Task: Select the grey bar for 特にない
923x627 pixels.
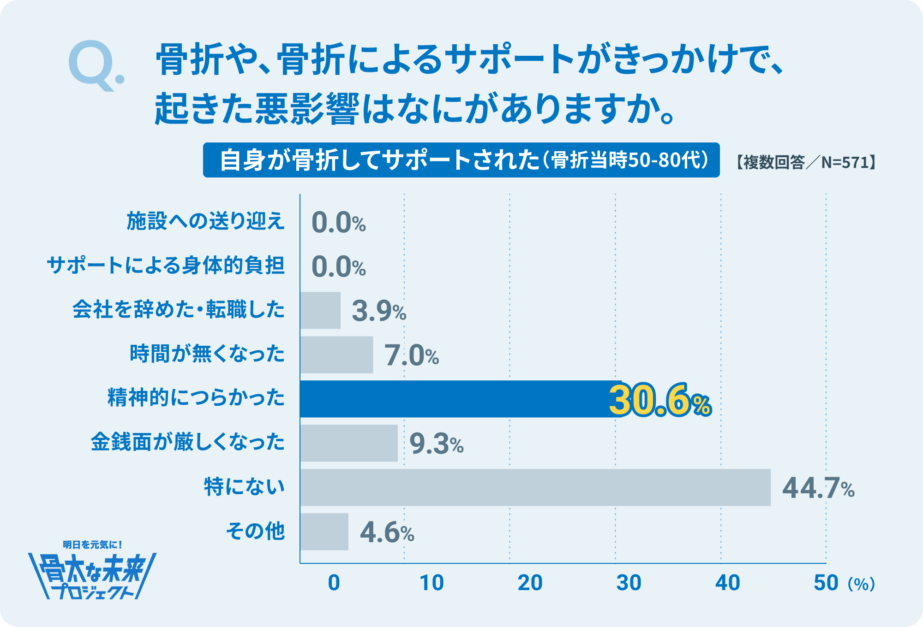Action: click(x=535, y=487)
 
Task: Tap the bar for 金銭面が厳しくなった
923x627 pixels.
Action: click(x=349, y=443)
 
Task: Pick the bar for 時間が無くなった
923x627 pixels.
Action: click(x=336, y=355)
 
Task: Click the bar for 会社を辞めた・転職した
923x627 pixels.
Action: click(x=320, y=310)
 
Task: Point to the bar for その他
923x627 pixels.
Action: click(x=324, y=532)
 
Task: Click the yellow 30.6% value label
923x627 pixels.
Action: click(x=660, y=400)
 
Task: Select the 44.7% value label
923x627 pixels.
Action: click(x=818, y=488)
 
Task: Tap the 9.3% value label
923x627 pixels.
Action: click(x=436, y=444)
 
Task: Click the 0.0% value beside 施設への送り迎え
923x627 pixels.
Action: click(x=338, y=223)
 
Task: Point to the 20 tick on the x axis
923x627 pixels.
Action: click(x=530, y=583)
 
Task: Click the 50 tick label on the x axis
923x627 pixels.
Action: click(x=826, y=583)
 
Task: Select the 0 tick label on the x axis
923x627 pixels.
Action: click(x=334, y=583)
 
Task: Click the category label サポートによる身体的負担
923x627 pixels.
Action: click(x=166, y=266)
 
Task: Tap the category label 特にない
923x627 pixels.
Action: click(x=244, y=487)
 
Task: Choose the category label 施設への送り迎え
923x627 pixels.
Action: click(x=205, y=221)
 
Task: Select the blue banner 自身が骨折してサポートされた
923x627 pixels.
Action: click(x=461, y=160)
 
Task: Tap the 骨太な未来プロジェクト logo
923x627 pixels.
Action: click(x=92, y=572)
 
